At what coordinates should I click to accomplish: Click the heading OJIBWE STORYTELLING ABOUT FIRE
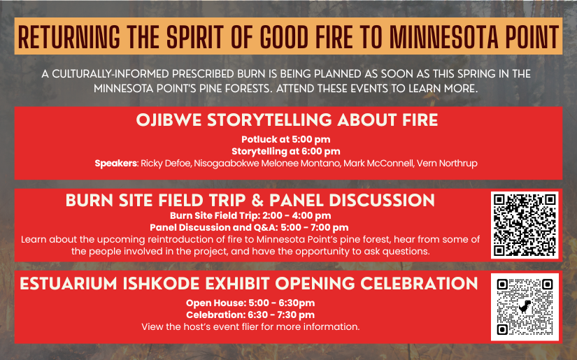click(x=287, y=120)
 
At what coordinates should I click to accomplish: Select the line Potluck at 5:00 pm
click(x=287, y=139)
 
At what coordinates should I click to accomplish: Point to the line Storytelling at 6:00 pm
click(x=287, y=151)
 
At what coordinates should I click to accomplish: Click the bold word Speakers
click(x=116, y=164)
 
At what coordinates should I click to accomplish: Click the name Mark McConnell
click(x=378, y=164)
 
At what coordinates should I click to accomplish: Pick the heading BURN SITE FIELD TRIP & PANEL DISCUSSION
click(x=250, y=201)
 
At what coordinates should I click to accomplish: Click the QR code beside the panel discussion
click(x=525, y=225)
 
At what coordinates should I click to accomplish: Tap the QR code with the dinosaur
click(x=525, y=306)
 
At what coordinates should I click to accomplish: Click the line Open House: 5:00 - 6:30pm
click(x=250, y=303)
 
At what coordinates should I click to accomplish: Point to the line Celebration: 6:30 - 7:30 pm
click(x=250, y=315)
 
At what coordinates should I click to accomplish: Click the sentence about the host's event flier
click(x=250, y=326)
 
